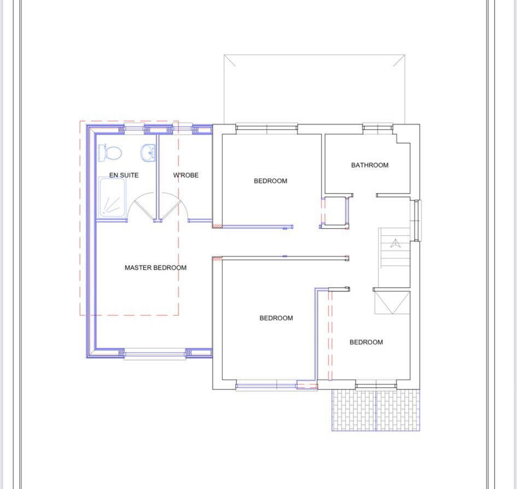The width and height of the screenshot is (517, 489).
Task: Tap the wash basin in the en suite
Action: pyautogui.click(x=148, y=153)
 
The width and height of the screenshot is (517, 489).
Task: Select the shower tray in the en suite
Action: pyautogui.click(x=112, y=197)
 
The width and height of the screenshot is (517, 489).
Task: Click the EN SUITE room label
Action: pyautogui.click(x=124, y=176)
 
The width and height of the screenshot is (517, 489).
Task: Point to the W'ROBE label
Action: pyautogui.click(x=185, y=176)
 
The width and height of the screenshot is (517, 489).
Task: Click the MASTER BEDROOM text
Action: pyautogui.click(x=155, y=268)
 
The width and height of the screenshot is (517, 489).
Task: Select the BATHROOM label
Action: pyautogui.click(x=370, y=165)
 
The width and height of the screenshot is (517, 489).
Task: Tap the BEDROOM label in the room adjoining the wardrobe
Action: pyautogui.click(x=270, y=181)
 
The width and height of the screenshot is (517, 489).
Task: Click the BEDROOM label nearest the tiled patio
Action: pyautogui.click(x=366, y=342)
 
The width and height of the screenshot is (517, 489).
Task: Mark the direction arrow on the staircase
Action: pyautogui.click(x=395, y=243)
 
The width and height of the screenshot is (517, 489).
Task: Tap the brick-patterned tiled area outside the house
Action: pyautogui.click(x=376, y=410)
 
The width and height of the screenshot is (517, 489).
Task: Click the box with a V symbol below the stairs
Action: pyautogui.click(x=392, y=302)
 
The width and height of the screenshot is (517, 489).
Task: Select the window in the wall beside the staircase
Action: pyautogui.click(x=417, y=220)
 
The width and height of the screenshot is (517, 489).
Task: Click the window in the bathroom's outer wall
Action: pyautogui.click(x=377, y=128)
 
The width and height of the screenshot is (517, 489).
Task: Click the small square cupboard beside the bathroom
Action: pyautogui.click(x=335, y=211)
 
